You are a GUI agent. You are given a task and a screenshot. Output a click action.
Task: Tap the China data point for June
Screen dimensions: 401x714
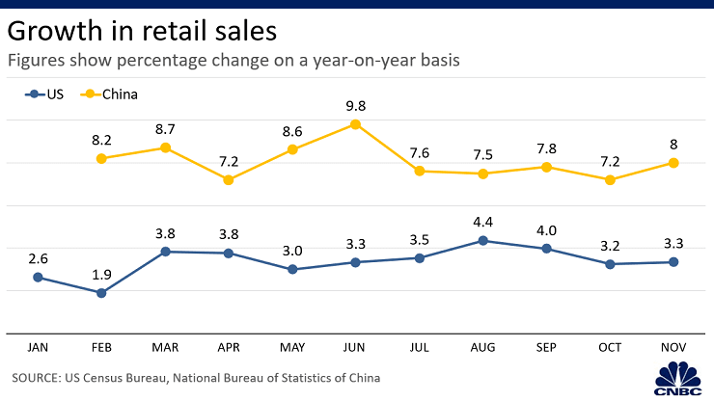[x=355, y=124]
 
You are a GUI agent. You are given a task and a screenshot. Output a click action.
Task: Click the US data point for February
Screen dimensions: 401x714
[x=101, y=292]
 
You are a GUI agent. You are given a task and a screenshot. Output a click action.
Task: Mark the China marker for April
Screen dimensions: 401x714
[x=229, y=179]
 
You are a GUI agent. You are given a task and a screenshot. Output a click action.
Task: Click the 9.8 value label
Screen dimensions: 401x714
[x=355, y=104]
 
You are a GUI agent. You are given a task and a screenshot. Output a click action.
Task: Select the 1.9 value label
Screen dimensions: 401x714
[x=101, y=273]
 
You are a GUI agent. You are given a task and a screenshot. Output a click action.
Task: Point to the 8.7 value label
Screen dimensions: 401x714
[x=165, y=127]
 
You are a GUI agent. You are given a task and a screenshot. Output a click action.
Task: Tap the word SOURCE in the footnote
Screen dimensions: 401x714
[x=40, y=378]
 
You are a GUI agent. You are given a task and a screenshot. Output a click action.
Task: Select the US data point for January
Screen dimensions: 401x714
[x=38, y=277]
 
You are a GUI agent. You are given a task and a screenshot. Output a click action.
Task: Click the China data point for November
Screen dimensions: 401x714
[x=673, y=163]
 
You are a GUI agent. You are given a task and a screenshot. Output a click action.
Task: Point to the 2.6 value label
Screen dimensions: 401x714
[x=38, y=257]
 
